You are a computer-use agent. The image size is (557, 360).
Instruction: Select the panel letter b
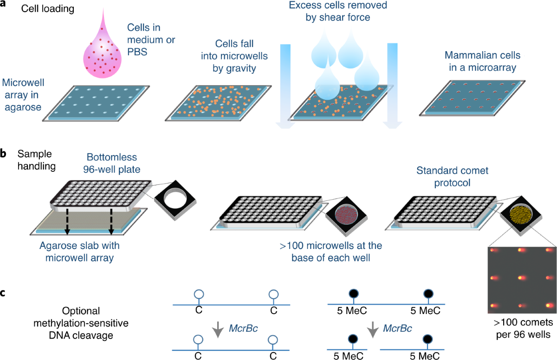pyautogui.click(x=4, y=153)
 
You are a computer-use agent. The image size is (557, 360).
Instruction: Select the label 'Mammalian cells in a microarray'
pyautogui.click(x=482, y=61)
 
